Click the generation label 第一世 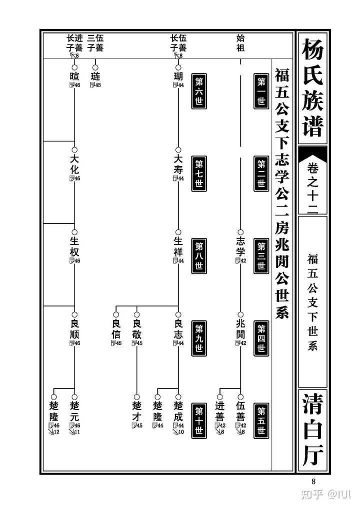(261, 90)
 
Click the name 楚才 (136, 410)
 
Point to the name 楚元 (74, 410)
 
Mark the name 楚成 (178, 410)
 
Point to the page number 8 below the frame (313, 482)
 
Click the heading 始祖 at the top (240, 44)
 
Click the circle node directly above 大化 (74, 149)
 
